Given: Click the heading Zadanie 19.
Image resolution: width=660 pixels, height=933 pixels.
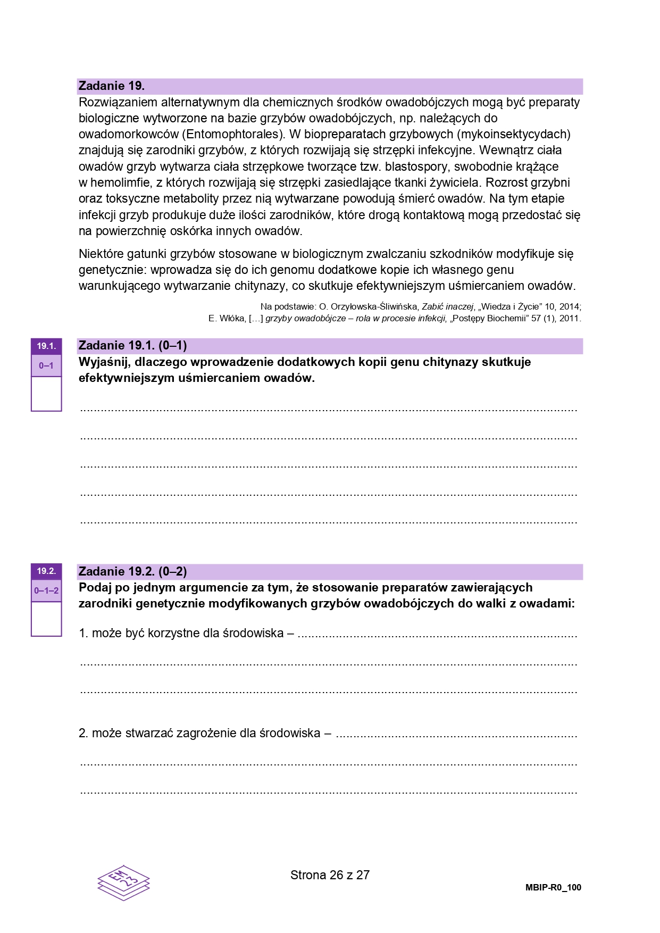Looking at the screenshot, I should (x=112, y=86).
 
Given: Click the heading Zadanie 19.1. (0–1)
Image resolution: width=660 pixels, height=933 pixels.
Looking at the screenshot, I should (x=132, y=346).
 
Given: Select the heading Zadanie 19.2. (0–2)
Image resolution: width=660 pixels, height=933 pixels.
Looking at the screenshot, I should (x=132, y=572).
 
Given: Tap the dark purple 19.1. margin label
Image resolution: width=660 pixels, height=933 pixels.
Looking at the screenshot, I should (x=46, y=346).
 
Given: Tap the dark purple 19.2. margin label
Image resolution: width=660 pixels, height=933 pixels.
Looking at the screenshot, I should (x=46, y=571).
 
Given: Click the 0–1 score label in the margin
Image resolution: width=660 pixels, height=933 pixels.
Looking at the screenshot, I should (x=46, y=366).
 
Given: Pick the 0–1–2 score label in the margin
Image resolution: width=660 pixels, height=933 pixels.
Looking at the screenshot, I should (x=46, y=591).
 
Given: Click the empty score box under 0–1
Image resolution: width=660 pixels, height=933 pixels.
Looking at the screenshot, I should (x=46, y=394).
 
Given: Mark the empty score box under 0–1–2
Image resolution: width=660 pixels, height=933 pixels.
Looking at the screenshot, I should (x=46, y=619).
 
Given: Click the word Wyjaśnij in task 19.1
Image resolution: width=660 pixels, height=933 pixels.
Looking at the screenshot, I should (x=103, y=362).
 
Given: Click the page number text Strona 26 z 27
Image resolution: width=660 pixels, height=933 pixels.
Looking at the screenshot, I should (x=330, y=875).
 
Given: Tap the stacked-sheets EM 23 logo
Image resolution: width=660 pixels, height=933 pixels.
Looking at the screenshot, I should (x=123, y=882).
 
